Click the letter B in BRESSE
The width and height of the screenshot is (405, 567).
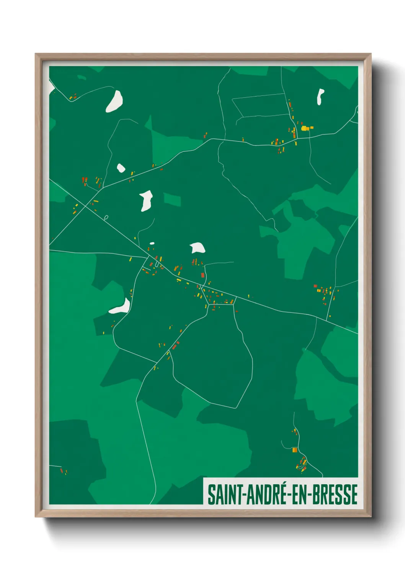click(x=317, y=495)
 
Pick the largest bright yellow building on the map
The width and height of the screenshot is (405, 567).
click(x=305, y=128)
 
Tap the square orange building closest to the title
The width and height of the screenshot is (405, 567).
click(x=294, y=450)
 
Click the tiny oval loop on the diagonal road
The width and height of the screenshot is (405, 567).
click(x=106, y=217)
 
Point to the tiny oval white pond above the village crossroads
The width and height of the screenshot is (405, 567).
click(x=152, y=243)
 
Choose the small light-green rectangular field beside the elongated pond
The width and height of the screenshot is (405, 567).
click(x=172, y=200)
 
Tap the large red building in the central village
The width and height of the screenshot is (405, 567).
click(x=202, y=275)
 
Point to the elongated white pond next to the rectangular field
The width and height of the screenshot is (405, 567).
click(x=146, y=200)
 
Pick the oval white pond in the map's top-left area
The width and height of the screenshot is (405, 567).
click(x=114, y=102)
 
